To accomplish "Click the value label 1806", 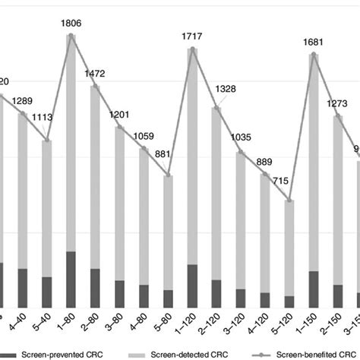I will (x=71, y=23).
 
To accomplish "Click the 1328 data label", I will (x=221, y=90).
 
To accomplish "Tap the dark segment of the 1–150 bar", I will (x=313, y=289).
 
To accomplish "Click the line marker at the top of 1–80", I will (x=71, y=35).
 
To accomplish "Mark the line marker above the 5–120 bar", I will (x=289, y=201).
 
